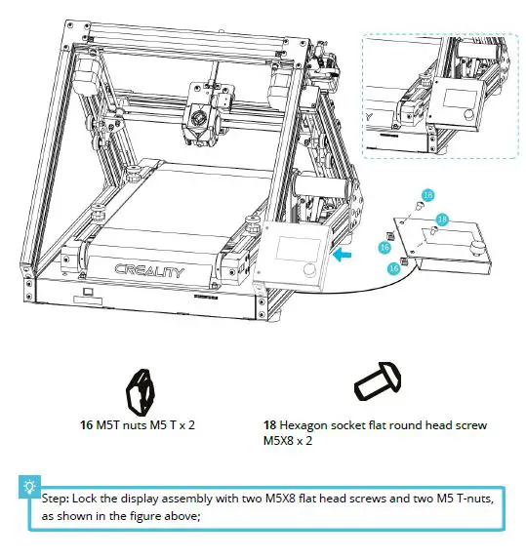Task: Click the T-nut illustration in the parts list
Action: point(142,390)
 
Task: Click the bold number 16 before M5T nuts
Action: point(86,425)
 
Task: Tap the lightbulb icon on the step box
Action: point(31,485)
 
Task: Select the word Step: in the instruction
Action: point(57,499)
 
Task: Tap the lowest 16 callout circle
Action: point(394,266)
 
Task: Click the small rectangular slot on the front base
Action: point(89,292)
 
